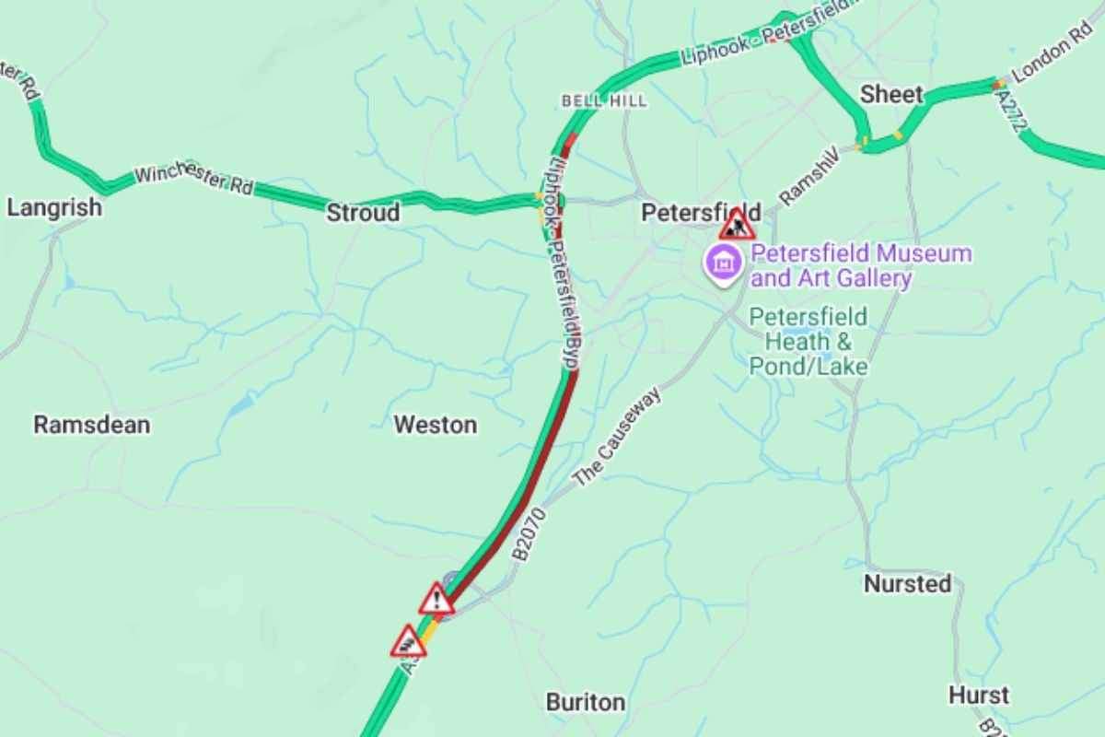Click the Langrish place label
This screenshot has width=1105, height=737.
click(54, 208)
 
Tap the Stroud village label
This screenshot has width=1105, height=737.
click(364, 213)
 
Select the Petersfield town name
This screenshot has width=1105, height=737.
click(700, 213)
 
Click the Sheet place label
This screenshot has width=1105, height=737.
click(891, 94)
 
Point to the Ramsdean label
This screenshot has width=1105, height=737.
click(92, 425)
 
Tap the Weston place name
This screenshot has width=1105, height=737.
click(436, 425)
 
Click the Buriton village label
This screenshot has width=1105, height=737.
click(586, 702)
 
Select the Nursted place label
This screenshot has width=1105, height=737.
click(907, 583)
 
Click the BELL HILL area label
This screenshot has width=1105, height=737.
click(604, 100)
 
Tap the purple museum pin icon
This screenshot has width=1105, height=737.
click(723, 262)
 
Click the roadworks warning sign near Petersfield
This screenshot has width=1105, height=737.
click(737, 224)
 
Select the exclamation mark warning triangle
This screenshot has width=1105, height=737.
click(436, 599)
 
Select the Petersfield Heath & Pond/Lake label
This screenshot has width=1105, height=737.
click(808, 342)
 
